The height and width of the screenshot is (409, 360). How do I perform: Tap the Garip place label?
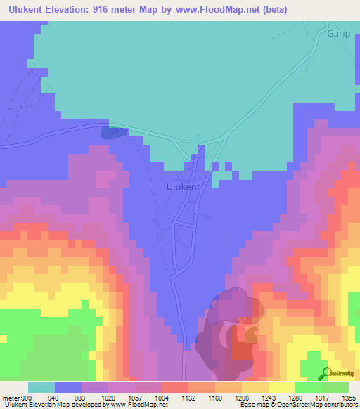(x=339, y=32)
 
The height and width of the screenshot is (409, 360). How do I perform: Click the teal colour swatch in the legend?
(x=41, y=387)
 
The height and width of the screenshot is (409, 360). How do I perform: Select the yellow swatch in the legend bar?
(x=281, y=387)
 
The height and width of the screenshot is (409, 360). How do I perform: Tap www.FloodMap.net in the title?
(x=220, y=8)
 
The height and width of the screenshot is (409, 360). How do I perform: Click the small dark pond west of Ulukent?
(x=111, y=131)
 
